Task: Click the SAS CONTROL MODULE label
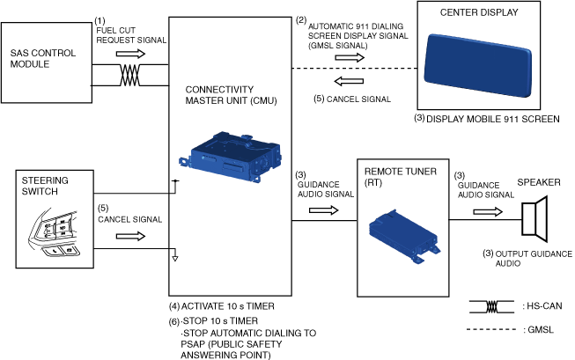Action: (43, 58)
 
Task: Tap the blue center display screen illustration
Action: (478, 66)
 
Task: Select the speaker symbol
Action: (534, 219)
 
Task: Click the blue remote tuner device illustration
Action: (404, 236)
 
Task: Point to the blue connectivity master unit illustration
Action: (231, 156)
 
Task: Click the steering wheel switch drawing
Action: (54, 233)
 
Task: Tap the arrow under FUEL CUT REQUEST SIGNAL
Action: (130, 54)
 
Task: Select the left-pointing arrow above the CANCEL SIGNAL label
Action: (349, 81)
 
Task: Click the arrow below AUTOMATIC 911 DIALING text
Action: (350, 57)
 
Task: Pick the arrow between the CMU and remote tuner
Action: (324, 210)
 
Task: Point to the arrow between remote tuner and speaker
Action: (488, 212)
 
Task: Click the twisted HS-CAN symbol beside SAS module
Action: (129, 75)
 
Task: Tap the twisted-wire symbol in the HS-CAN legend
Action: (491, 307)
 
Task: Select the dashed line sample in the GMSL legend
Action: (491, 329)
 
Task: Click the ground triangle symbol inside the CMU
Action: (175, 259)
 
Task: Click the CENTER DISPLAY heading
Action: (479, 12)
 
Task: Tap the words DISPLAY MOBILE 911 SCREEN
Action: (493, 119)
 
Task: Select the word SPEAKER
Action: (539, 182)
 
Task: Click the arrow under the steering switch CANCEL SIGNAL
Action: (130, 237)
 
